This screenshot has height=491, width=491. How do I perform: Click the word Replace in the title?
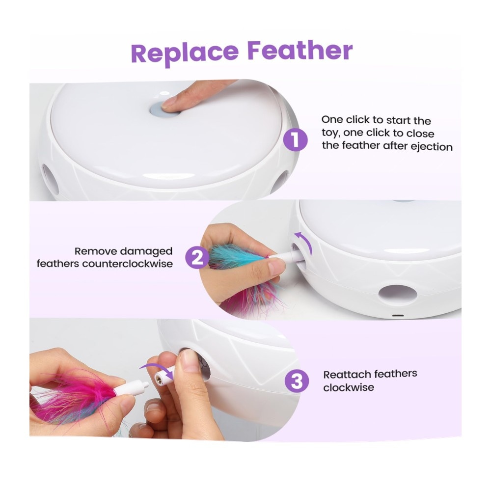(185, 54)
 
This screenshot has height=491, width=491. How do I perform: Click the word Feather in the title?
(300, 51)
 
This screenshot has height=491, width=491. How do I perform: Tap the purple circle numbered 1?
(295, 139)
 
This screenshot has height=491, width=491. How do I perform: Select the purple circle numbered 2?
(197, 257)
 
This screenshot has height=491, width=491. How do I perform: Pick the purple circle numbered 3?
(297, 381)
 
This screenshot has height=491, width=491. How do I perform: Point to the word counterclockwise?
(128, 264)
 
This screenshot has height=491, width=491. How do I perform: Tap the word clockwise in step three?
(349, 388)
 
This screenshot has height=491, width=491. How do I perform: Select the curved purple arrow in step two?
(305, 242)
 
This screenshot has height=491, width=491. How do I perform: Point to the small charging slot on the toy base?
(397, 315)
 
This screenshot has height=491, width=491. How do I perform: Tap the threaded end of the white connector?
(159, 379)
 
